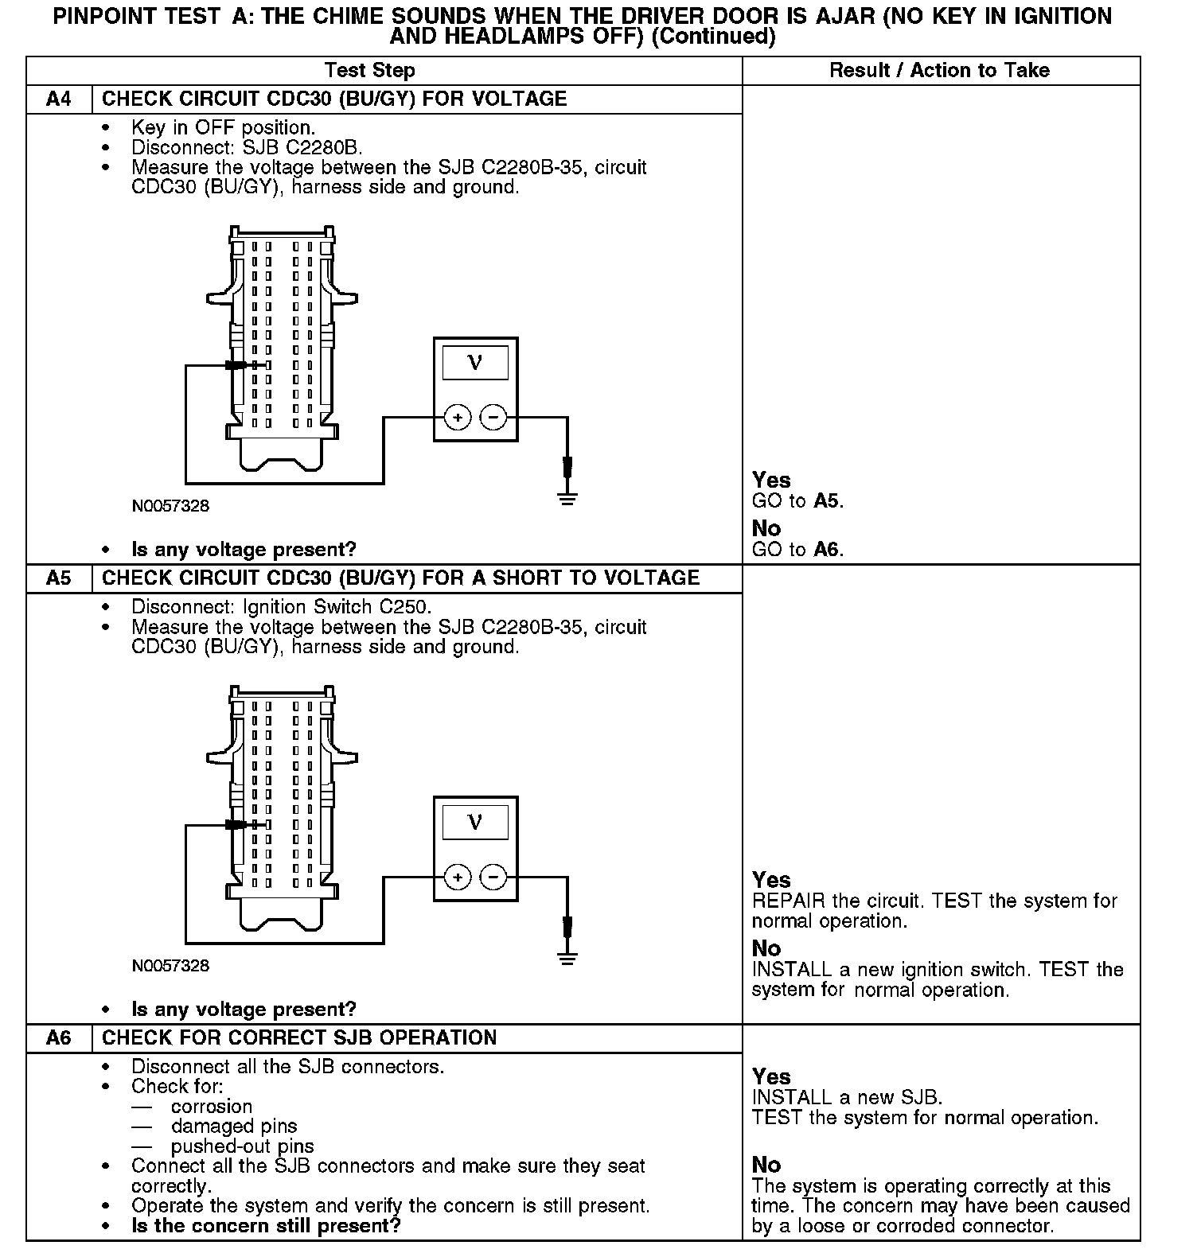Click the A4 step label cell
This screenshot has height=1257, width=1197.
[59, 99]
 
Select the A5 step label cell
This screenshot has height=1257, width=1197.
[59, 578]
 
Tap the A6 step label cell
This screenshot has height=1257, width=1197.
[59, 1038]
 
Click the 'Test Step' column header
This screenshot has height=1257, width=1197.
[370, 71]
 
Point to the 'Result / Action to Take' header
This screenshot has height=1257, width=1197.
[939, 71]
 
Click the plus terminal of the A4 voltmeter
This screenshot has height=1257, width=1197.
[458, 417]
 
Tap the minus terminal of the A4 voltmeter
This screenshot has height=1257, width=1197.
[493, 417]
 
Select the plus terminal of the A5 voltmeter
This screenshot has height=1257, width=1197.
[458, 878]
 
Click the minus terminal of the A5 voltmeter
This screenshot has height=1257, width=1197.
[493, 878]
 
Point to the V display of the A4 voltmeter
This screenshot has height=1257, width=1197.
[475, 363]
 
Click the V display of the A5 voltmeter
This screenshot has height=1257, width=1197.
[475, 823]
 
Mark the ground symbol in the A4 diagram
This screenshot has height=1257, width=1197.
[567, 499]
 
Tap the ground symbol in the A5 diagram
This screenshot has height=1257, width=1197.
[567, 959]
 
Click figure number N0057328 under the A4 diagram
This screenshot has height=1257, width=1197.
[170, 506]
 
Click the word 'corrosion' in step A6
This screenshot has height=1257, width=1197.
[212, 1107]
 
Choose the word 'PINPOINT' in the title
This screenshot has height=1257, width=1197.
[104, 17]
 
